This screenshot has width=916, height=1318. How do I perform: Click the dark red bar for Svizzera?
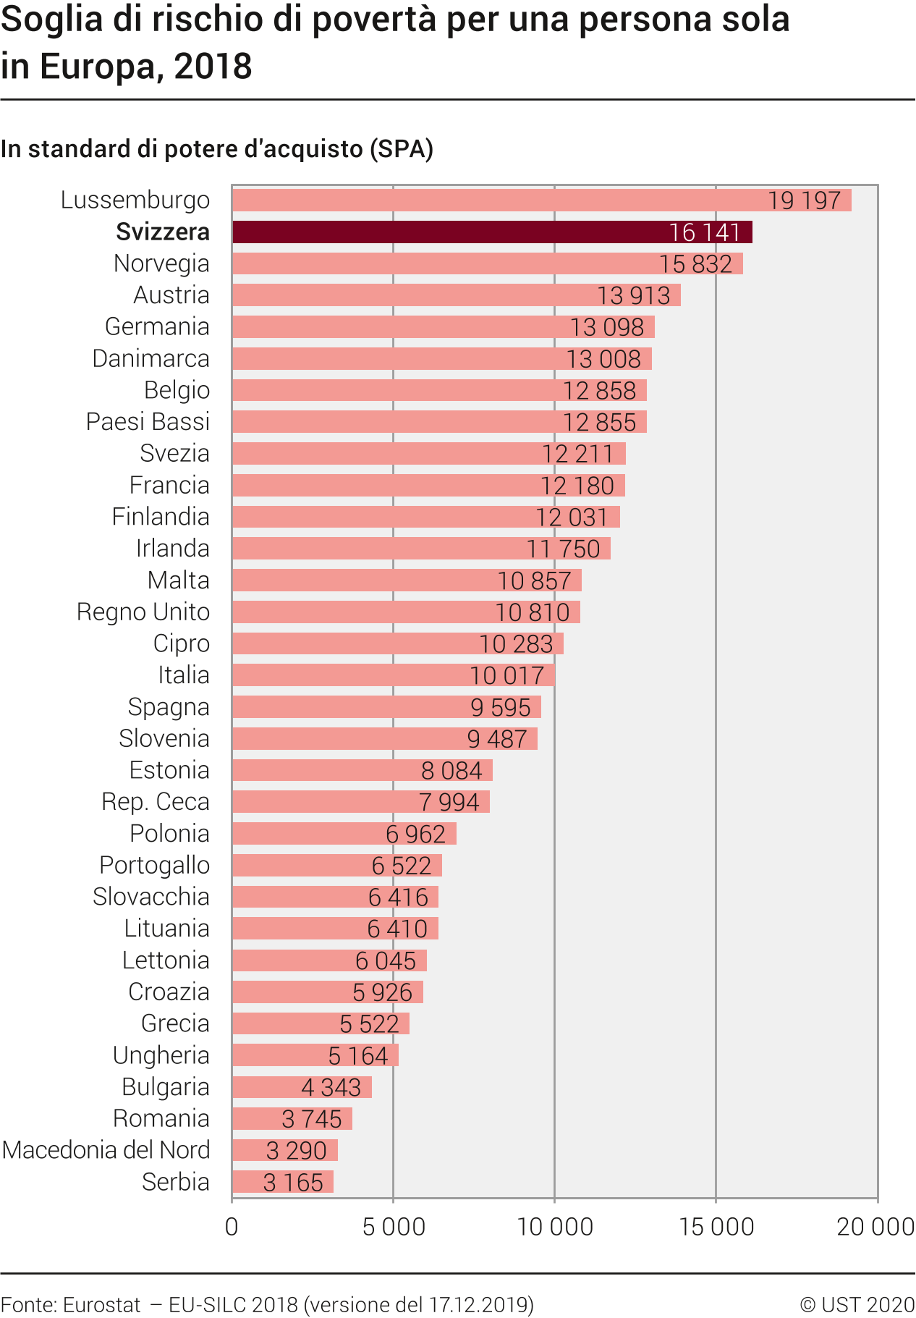pyautogui.click(x=492, y=232)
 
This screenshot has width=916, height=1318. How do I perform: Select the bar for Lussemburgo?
pyautogui.click(x=541, y=200)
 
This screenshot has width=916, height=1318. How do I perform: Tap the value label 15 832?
pyautogui.click(x=695, y=264)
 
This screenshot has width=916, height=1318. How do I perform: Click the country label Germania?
pyautogui.click(x=157, y=327)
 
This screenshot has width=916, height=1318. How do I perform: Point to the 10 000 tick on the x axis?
pyautogui.click(x=555, y=1226)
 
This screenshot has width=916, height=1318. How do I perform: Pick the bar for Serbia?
pyautogui.click(x=282, y=1182)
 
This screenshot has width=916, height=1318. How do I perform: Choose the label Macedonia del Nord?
pyautogui.click(x=106, y=1150)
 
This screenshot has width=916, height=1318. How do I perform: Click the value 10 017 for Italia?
pyautogui.click(x=506, y=676)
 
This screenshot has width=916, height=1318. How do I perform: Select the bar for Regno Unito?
pyautogui.click(x=406, y=612)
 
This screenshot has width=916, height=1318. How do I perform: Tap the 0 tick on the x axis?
pyautogui.click(x=232, y=1226)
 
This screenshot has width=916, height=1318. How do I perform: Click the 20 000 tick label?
pyautogui.click(x=875, y=1226)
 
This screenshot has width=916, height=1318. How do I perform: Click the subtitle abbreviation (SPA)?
pyautogui.click(x=401, y=149)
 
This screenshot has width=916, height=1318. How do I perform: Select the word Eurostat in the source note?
pyautogui.click(x=101, y=1304)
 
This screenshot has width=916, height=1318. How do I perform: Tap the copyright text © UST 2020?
pyautogui.click(x=857, y=1304)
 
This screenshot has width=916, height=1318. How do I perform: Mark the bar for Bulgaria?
pyautogui.click(x=302, y=1087)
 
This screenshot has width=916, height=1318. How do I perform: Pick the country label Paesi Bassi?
pyautogui.click(x=148, y=422)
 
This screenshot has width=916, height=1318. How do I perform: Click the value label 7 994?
pyautogui.click(x=449, y=803)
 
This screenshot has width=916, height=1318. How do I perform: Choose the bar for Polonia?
pyautogui.click(x=344, y=834)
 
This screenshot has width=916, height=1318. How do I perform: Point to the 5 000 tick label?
pyautogui.click(x=394, y=1226)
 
